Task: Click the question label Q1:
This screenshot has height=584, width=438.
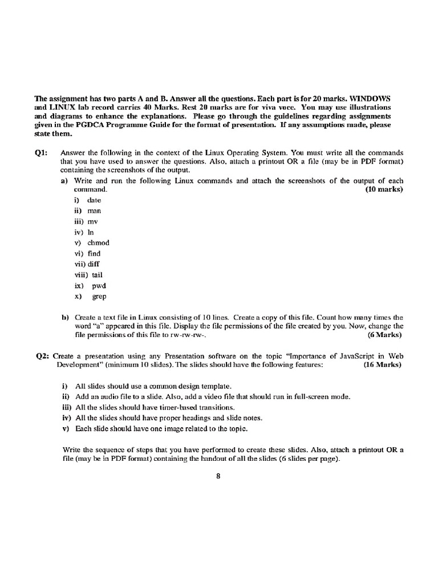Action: [x=43, y=153]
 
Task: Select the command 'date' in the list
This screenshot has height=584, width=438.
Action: [x=94, y=200]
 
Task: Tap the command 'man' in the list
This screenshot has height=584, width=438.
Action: [x=95, y=210]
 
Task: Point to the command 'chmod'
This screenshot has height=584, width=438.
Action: [x=98, y=242]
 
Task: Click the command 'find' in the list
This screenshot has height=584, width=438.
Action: [x=94, y=253]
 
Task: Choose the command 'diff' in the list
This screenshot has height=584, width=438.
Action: [x=94, y=264]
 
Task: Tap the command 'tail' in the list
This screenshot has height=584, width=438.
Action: [x=97, y=274]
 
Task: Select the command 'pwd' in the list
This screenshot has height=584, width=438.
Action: [x=99, y=285]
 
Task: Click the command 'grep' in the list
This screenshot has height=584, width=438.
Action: [x=99, y=296]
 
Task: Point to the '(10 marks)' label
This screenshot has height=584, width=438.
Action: [x=384, y=189]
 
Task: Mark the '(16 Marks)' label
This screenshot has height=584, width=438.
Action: [x=383, y=364]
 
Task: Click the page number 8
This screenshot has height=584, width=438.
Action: [x=218, y=478]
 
